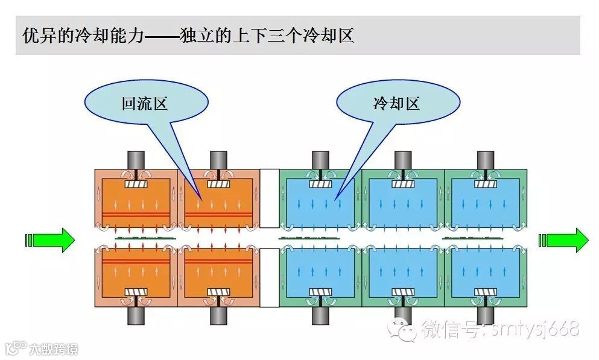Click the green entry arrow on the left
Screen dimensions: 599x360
coord(51,240)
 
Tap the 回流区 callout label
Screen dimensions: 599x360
coord(144,104)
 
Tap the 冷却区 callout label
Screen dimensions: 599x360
coord(396,104)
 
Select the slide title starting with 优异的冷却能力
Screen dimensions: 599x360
coord(188,35)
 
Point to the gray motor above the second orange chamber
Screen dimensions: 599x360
coord(218,160)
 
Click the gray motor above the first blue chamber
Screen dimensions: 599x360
coord(320,160)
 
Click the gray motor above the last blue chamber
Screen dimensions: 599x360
coord(485,160)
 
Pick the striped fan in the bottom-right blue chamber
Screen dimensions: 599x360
coord(485,292)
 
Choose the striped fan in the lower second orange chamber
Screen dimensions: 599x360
coord(218,292)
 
